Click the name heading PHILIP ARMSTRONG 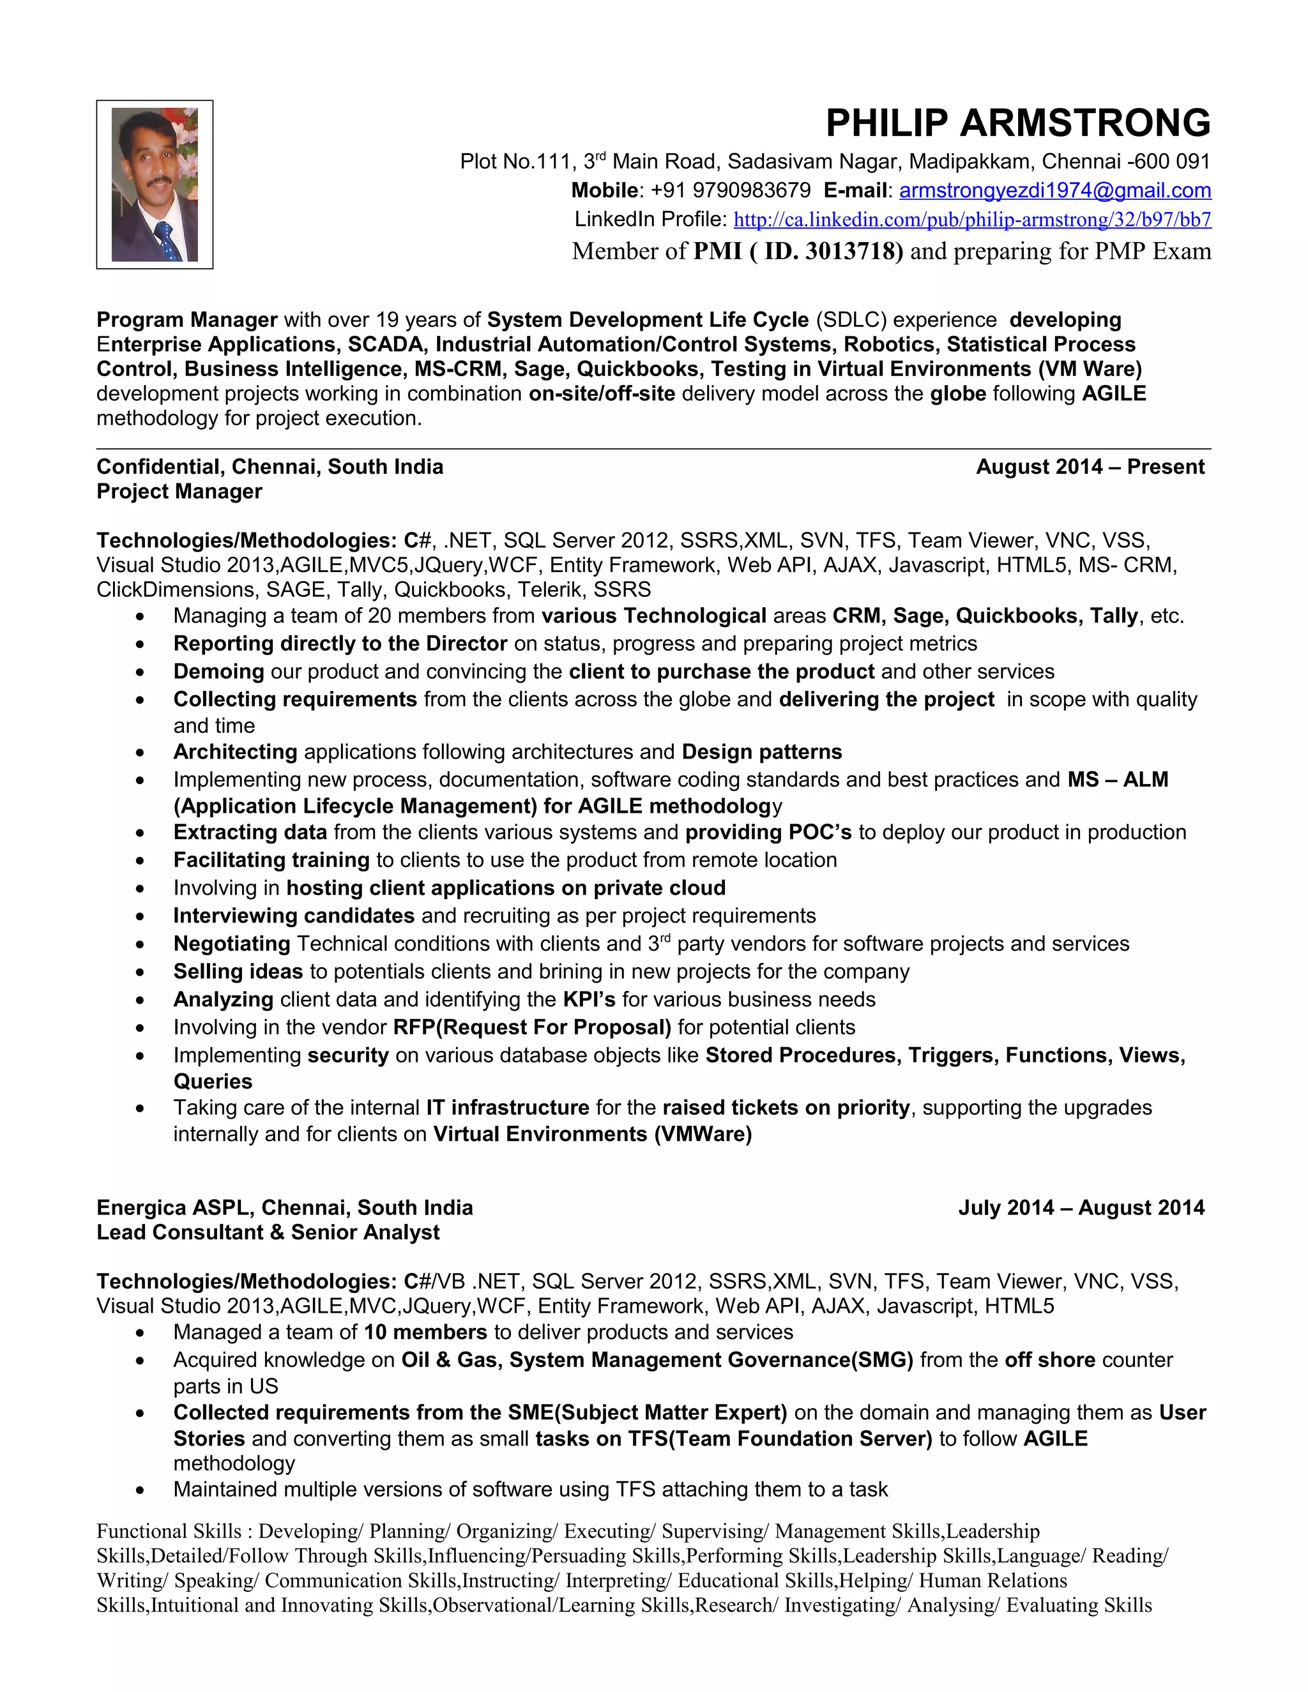(x=1017, y=123)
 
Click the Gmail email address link (x=1054, y=190)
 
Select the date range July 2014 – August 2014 (x=1081, y=1208)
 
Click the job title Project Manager (x=179, y=492)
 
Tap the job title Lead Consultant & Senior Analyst (x=268, y=1232)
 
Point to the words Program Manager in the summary (x=186, y=320)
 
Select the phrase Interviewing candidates (x=294, y=916)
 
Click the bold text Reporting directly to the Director (x=340, y=644)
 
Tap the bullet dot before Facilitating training (x=139, y=861)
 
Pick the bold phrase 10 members (x=425, y=1332)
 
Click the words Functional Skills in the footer (x=169, y=1531)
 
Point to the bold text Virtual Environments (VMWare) (x=592, y=1134)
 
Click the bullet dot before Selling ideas (x=139, y=972)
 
